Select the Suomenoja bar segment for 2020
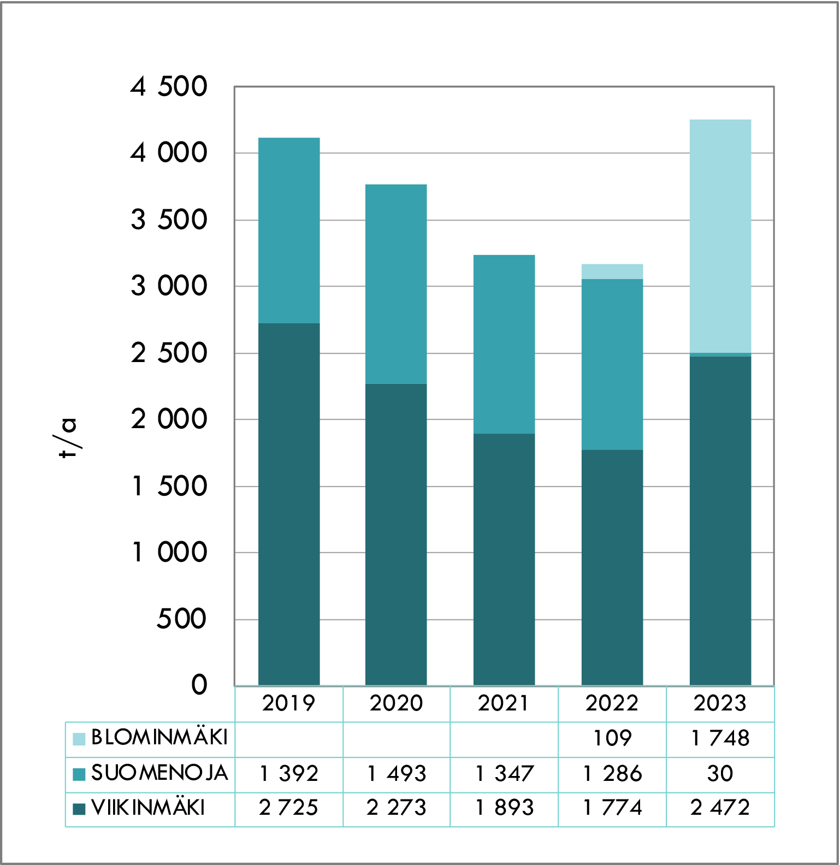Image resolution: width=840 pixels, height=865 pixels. (396, 284)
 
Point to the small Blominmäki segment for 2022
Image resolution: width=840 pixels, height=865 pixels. (612, 271)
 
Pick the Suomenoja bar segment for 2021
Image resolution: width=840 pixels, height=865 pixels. (504, 344)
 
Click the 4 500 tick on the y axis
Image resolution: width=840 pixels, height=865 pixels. (169, 86)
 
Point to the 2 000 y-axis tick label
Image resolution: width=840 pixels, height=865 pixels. (169, 419)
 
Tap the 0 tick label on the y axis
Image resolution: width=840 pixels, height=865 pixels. (199, 684)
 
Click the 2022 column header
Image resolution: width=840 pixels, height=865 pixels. (612, 703)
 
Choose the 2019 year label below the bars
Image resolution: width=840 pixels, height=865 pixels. (289, 703)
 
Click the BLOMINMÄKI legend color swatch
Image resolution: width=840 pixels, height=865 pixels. (79, 739)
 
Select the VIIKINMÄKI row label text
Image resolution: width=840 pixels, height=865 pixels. (148, 808)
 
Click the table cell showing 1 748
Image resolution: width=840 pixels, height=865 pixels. (720, 738)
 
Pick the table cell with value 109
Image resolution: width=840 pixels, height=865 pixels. (612, 738)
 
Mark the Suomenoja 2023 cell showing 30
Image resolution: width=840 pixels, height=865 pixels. (720, 773)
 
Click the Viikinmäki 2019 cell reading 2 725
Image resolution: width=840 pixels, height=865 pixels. (289, 808)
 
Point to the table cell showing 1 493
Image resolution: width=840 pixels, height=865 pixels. (396, 773)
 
